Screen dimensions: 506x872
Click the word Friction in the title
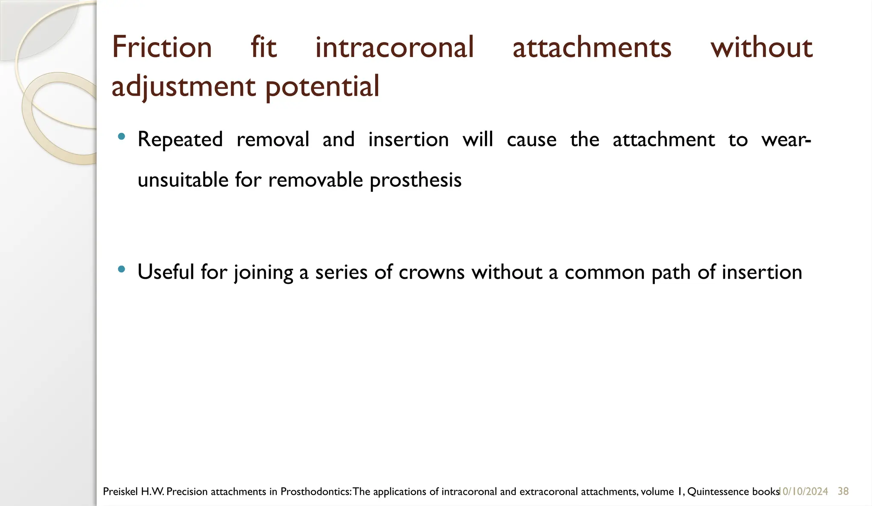(162, 47)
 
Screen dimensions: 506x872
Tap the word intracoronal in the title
(394, 47)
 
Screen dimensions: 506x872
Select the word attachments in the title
(592, 47)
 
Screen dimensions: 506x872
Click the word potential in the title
(322, 86)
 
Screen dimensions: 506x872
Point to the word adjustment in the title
(184, 86)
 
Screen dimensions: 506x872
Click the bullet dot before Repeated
(121, 137)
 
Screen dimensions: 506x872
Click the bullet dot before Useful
(121, 269)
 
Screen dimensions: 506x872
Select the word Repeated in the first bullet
(180, 140)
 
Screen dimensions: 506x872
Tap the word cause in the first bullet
(531, 140)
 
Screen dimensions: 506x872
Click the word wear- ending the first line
(786, 140)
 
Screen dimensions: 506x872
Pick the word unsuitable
(183, 180)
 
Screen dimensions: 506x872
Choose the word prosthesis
(416, 180)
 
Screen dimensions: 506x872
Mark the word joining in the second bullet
(264, 272)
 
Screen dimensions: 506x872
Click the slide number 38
(843, 492)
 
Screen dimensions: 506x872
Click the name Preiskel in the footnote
(120, 492)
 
